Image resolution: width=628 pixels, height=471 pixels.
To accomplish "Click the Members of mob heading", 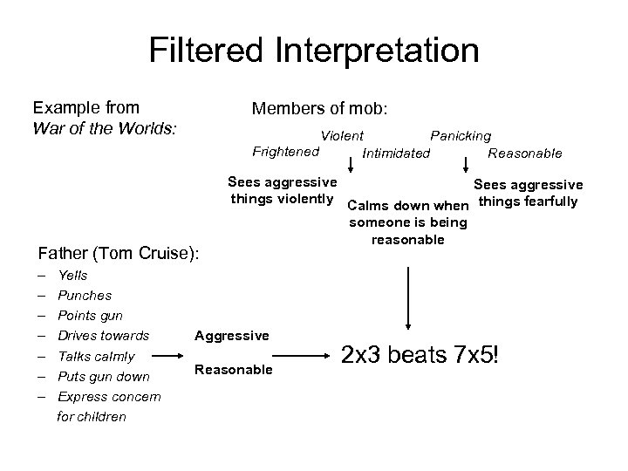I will point(319,109).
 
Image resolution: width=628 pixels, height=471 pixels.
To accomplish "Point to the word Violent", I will point(342,136).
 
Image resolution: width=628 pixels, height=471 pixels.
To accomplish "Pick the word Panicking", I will point(461,136).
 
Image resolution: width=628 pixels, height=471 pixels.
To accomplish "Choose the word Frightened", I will point(285,152).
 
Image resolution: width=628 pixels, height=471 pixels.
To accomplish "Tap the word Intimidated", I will point(396,154).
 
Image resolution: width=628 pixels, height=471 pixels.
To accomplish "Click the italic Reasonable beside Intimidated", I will point(525,154).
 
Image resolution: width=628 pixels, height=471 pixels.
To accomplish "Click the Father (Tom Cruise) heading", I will point(119,254).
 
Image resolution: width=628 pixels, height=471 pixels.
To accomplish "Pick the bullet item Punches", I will point(84,296).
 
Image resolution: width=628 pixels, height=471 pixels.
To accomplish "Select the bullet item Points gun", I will point(90,316).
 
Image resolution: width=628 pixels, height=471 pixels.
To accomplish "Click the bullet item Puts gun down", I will point(104,377).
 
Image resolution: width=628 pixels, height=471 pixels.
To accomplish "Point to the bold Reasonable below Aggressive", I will point(234,370).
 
